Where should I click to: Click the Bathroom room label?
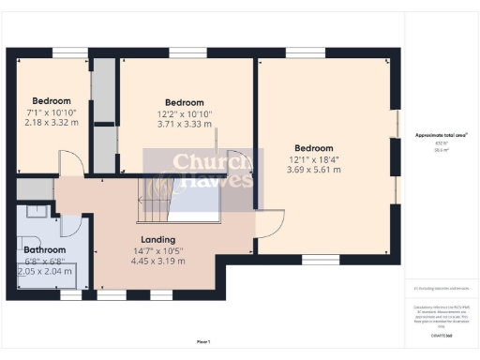[44, 250]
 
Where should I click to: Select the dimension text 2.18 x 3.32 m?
[52, 123]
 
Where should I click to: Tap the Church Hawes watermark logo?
[198, 172]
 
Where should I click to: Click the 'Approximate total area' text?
[441, 135]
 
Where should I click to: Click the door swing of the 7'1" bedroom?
[71, 165]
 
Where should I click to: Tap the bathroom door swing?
[69, 225]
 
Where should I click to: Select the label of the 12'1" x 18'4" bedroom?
[313, 148]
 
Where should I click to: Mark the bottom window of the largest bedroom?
[321, 259]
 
